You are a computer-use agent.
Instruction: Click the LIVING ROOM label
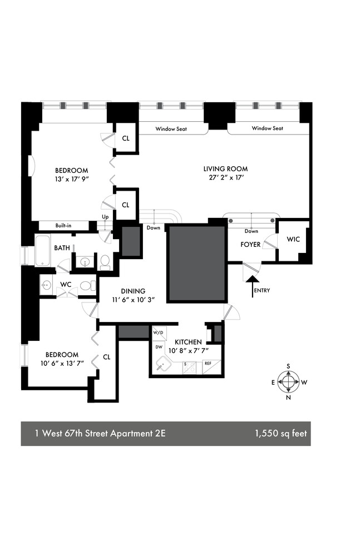[225, 169]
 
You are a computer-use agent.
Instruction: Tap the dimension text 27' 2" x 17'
[225, 178]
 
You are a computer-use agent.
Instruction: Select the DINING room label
[132, 291]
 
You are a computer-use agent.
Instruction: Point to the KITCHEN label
[188, 342]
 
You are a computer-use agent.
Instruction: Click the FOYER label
[250, 245]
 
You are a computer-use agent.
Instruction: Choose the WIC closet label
[293, 240]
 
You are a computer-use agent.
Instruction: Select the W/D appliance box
[158, 333]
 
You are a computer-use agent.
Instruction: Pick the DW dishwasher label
[158, 346]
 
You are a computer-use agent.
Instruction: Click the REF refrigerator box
[208, 363]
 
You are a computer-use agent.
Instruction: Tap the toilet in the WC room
[85, 286]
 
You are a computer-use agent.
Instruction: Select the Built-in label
[62, 225]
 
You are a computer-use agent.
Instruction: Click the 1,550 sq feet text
[279, 434]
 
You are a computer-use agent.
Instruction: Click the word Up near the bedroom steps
[105, 217]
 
